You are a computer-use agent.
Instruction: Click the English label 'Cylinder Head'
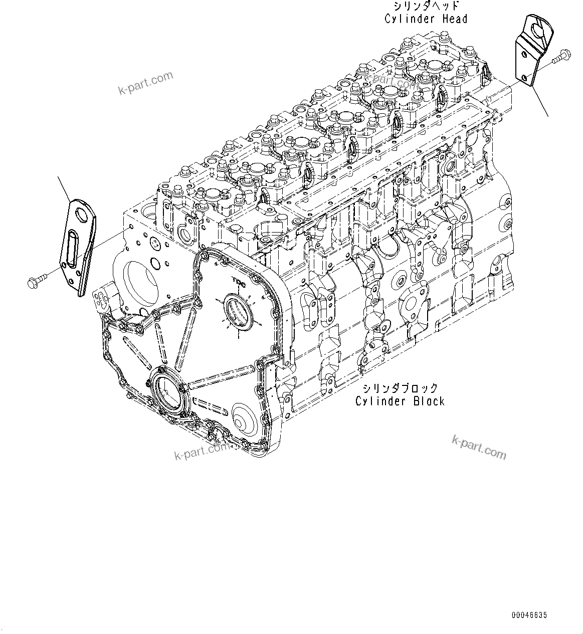point(426,19)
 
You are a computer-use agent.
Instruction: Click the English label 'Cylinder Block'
point(400,401)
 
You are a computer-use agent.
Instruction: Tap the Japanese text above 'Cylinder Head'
point(426,7)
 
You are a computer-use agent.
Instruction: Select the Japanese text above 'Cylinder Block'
point(400,388)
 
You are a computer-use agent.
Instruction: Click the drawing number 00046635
point(529,615)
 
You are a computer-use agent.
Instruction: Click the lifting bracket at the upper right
point(531,50)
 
